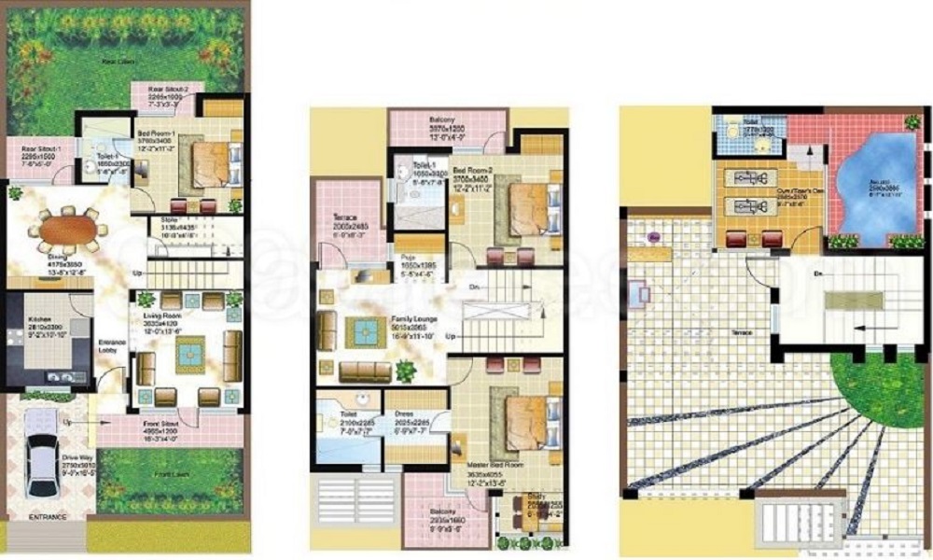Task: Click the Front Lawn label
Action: tap(171, 475)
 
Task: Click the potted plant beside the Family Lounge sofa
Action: tap(405, 371)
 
